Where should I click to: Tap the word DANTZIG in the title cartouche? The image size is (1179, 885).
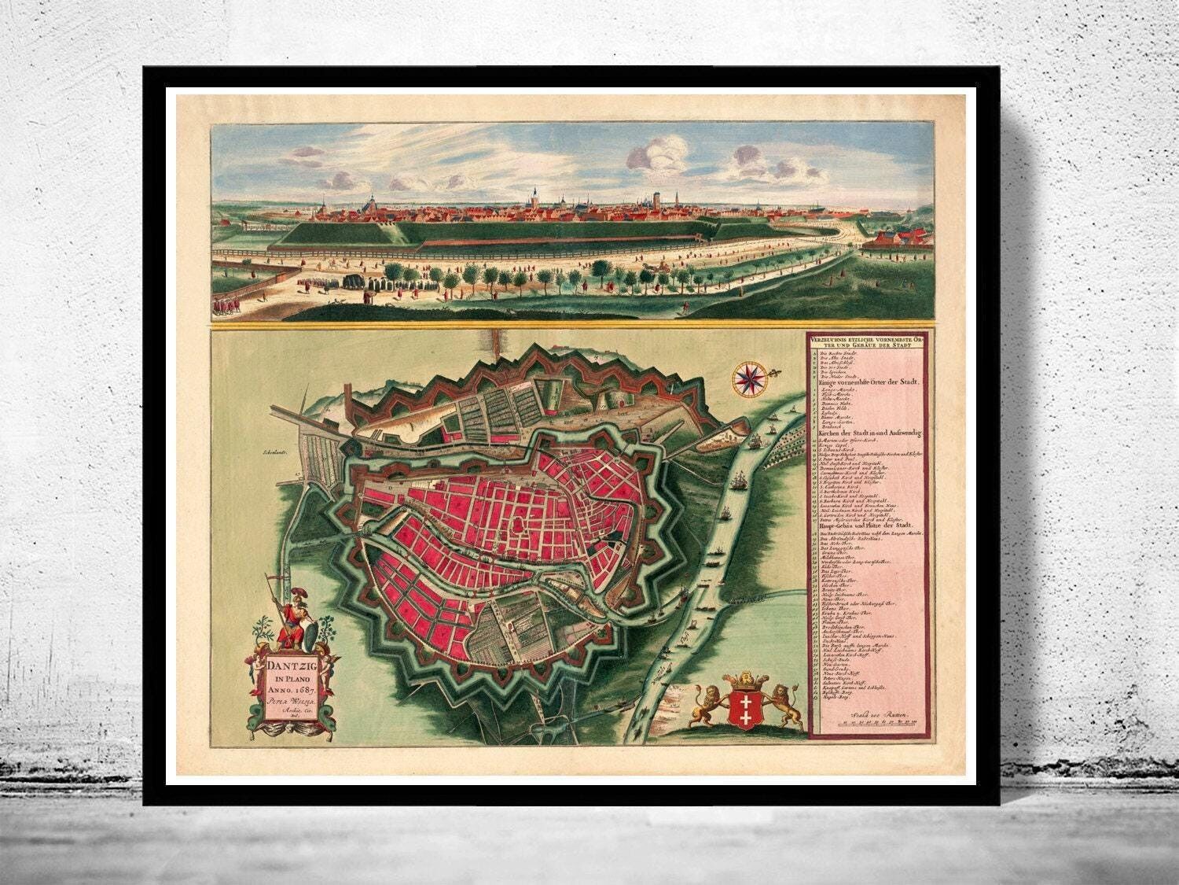[x=288, y=666]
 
